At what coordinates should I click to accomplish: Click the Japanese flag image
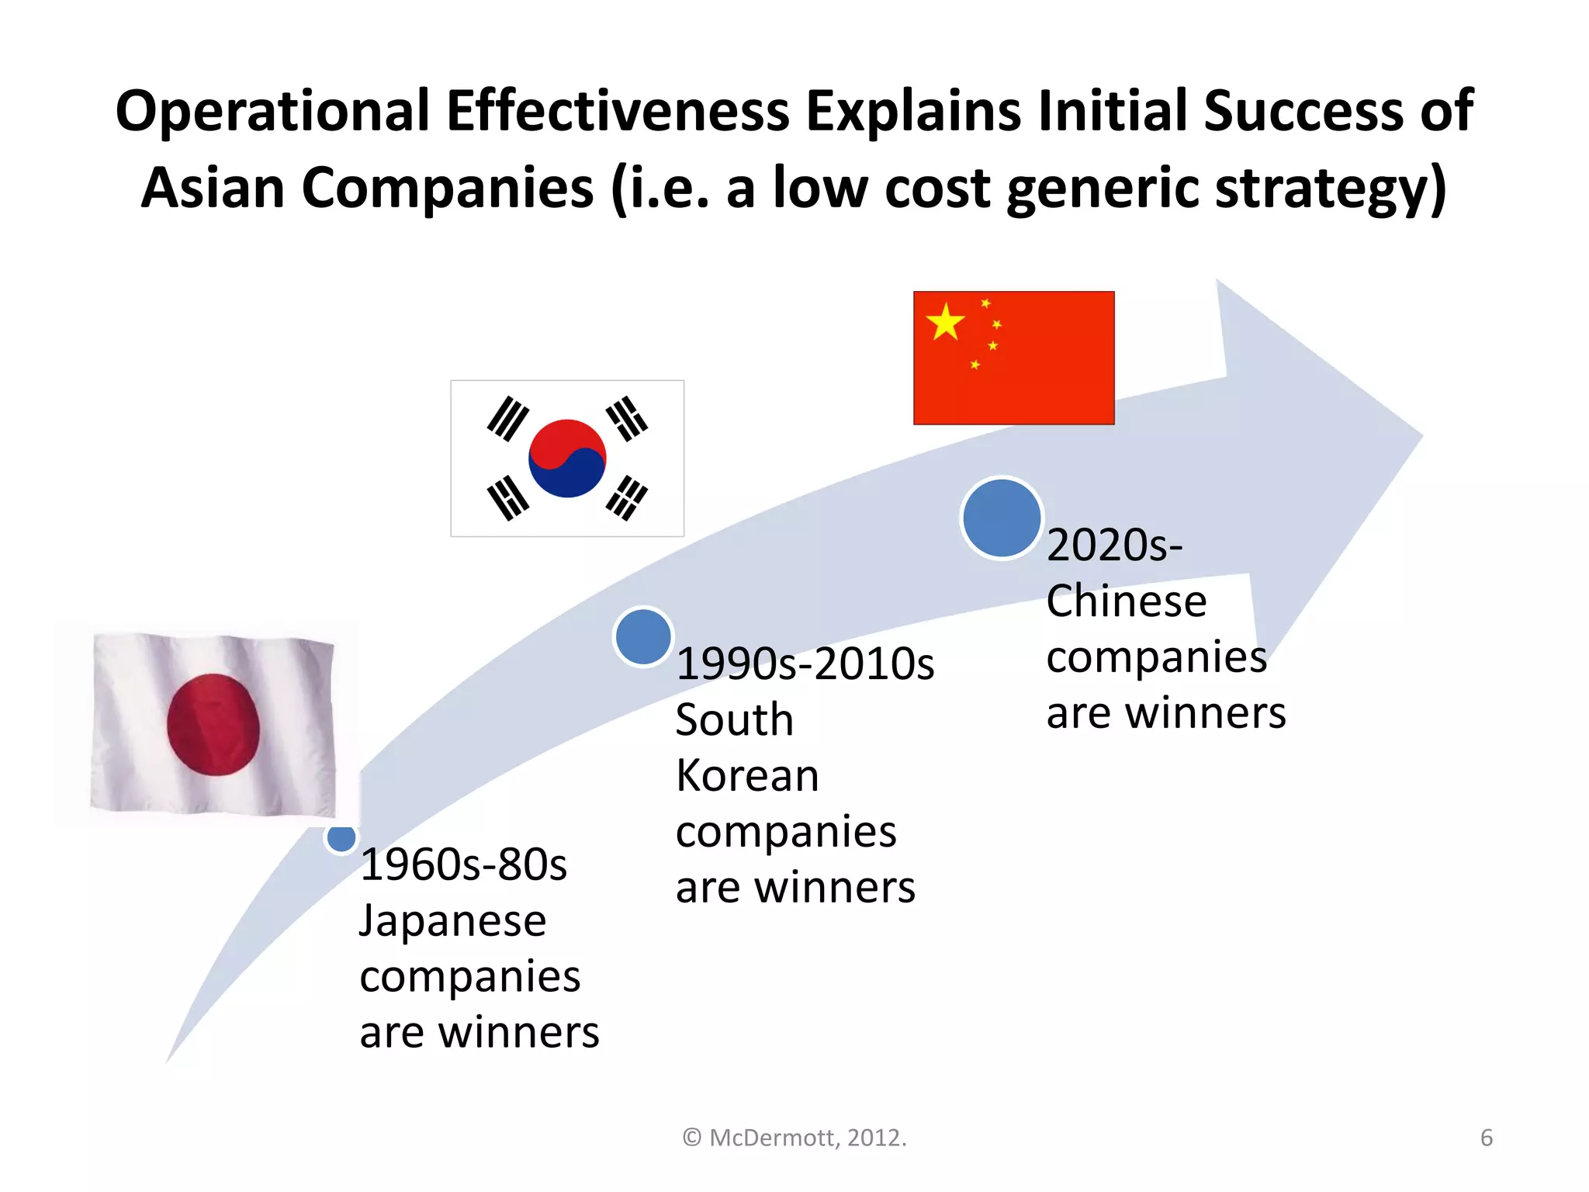coord(213,723)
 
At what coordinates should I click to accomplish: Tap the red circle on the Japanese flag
coord(213,724)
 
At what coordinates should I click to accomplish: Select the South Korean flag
coord(567,458)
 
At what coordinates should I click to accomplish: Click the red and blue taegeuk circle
coord(567,458)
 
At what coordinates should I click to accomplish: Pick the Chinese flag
coord(1013,358)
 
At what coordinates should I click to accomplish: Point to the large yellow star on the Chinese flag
coord(945,322)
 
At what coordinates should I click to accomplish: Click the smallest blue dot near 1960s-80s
coord(341,837)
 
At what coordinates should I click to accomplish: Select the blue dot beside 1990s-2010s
coord(643,636)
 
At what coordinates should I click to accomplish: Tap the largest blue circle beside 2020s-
coord(1001,518)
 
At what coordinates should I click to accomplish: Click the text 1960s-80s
coord(464,865)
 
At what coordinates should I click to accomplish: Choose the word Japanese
coord(453,921)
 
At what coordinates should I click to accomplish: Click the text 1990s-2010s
coord(805,664)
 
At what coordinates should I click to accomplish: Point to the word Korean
coord(747,775)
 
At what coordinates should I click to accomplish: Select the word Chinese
coord(1126,601)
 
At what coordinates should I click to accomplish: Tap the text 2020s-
coord(1114,545)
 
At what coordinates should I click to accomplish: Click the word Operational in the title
coord(272,110)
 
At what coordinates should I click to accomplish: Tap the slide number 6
coord(1486,1138)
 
